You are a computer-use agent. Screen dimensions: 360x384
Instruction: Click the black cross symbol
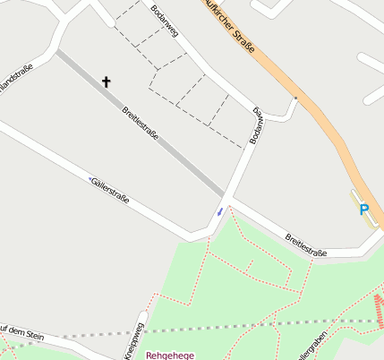(x=107, y=82)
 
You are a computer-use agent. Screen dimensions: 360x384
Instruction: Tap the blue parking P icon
(x=363, y=210)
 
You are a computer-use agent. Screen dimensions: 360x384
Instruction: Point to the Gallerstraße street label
(x=111, y=189)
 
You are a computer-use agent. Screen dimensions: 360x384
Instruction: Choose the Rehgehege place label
(x=170, y=355)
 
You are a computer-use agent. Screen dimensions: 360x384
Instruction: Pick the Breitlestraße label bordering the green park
(x=305, y=245)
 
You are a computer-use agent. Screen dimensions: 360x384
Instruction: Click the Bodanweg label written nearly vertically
(x=258, y=124)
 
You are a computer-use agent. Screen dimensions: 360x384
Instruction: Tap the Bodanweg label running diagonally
(x=165, y=21)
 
